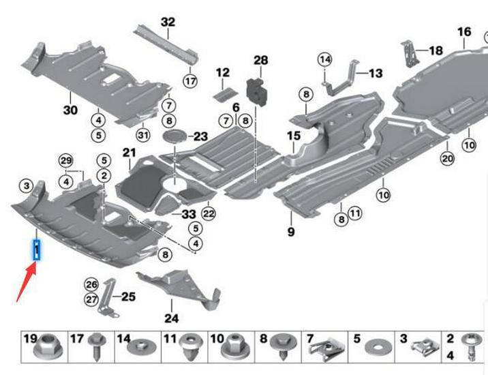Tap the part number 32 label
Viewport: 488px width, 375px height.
(x=168, y=22)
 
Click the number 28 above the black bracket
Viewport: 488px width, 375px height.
(x=261, y=61)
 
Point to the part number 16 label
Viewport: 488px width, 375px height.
(x=463, y=32)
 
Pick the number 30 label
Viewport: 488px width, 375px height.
(x=71, y=110)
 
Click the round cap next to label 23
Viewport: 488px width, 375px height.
(x=175, y=135)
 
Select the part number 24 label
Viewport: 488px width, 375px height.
(x=171, y=317)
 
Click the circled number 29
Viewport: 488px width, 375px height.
(x=65, y=160)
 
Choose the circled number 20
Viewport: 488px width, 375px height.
(x=447, y=159)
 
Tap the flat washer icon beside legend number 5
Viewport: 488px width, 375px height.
(x=374, y=347)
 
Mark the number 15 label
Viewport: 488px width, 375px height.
(x=293, y=136)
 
